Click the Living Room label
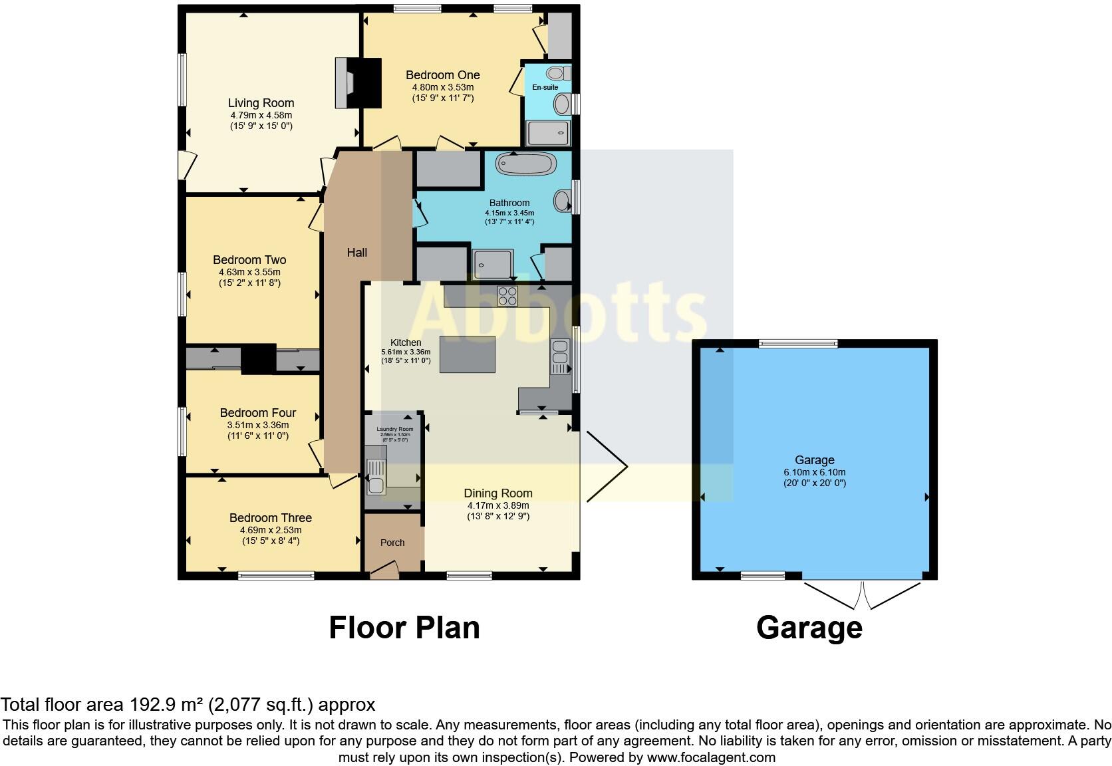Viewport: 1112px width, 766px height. [261, 103]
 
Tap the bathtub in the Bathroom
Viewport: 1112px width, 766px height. [525, 164]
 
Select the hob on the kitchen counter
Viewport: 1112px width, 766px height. [508, 295]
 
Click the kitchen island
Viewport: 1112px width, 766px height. [467, 354]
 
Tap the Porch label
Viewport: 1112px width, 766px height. [392, 543]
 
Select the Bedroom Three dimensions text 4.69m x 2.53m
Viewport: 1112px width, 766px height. [271, 530]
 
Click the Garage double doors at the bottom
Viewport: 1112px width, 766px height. [863, 594]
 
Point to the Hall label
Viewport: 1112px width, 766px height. [357, 253]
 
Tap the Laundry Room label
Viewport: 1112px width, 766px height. [395, 429]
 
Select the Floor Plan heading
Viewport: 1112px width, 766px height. [404, 628]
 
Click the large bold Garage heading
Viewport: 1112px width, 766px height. [809, 628]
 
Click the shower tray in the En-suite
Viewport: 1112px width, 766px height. [549, 133]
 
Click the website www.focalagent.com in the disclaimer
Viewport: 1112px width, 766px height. [711, 757]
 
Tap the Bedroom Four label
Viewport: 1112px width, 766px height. [258, 413]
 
